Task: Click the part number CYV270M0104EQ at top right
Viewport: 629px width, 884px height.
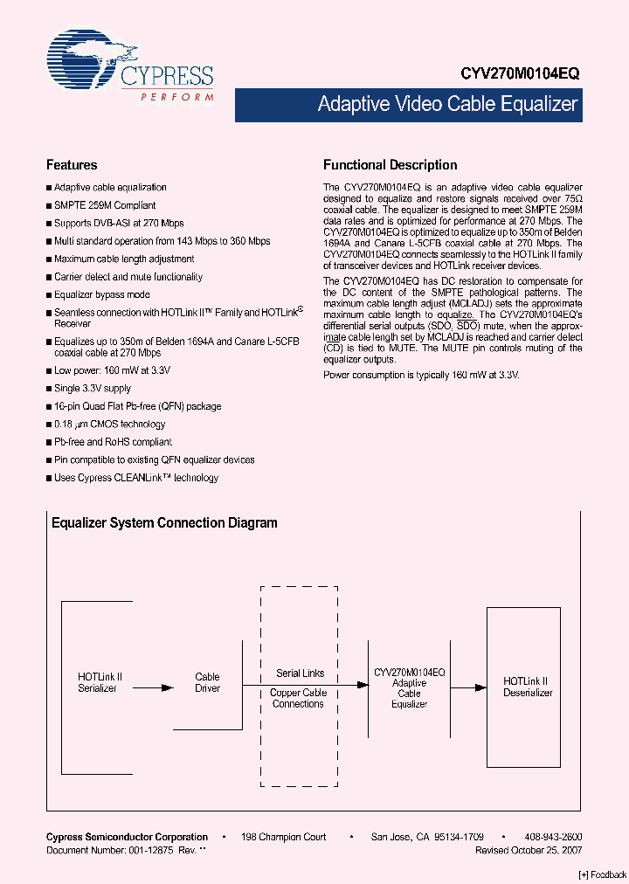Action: (x=520, y=75)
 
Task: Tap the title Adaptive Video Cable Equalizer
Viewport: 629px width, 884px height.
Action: (x=447, y=105)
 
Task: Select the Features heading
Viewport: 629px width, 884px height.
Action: (x=71, y=165)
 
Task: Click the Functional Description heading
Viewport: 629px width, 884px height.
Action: (x=390, y=165)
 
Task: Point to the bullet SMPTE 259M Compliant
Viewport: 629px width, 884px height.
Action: (x=105, y=205)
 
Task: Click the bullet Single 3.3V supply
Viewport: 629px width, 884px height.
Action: (x=93, y=389)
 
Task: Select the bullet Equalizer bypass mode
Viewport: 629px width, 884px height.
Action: (x=101, y=295)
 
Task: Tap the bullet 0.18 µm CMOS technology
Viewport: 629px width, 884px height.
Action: (x=109, y=425)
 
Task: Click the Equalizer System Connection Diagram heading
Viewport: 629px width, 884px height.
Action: (x=164, y=523)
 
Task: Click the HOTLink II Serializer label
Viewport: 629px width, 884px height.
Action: (x=99, y=682)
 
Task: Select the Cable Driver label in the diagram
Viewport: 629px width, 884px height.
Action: (x=207, y=682)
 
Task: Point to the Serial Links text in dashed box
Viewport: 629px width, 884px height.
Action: (x=300, y=673)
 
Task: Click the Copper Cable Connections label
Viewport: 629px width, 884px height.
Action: (x=299, y=698)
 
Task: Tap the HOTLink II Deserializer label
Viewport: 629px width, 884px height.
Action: (x=527, y=687)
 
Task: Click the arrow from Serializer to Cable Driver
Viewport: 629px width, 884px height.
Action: (x=153, y=688)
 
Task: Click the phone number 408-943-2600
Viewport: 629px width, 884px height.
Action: (x=553, y=837)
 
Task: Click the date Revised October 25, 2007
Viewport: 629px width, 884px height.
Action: (x=529, y=850)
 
